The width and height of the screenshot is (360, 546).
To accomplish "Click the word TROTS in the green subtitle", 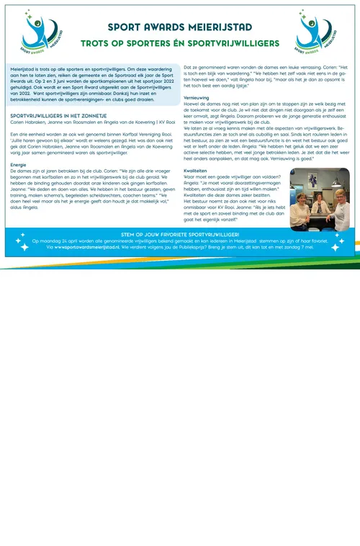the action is point(95,43).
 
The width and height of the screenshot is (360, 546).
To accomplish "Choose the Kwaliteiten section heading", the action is point(199,169).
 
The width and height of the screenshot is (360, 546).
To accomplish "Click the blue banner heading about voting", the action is point(180,235).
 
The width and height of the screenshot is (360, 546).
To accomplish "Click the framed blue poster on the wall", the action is point(313,180).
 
